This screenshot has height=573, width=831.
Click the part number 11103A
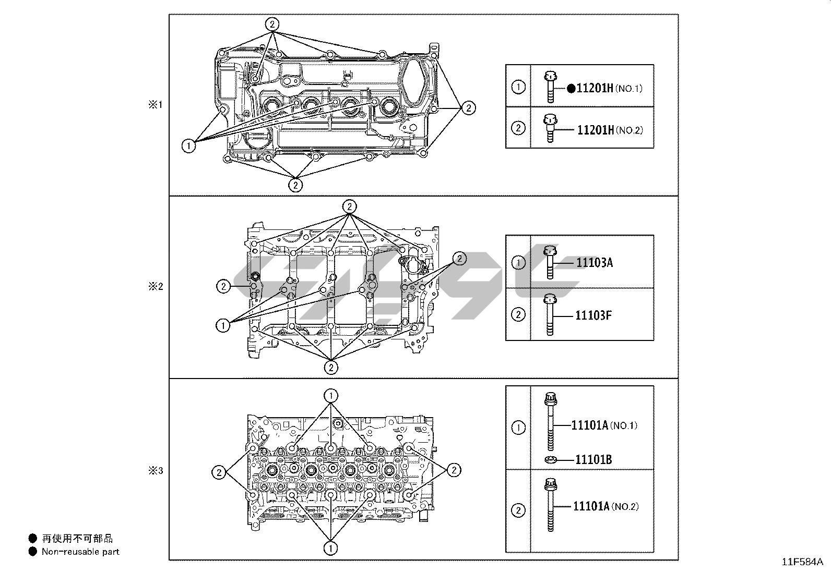click(x=595, y=263)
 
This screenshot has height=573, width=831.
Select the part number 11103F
click(x=593, y=315)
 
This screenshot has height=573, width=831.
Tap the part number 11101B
click(x=593, y=459)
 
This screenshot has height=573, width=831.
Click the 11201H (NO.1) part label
click(x=610, y=88)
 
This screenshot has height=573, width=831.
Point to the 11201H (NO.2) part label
click(x=610, y=130)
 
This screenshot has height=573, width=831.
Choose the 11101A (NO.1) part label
click(x=604, y=425)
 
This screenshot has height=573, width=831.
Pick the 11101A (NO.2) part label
click(x=606, y=506)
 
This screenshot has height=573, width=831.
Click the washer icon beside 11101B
click(x=551, y=460)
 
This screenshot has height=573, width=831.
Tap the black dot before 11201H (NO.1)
click(x=571, y=89)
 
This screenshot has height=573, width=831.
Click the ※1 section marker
click(x=156, y=105)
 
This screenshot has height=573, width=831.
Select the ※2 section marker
click(x=156, y=287)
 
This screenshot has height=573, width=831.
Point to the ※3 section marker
click(x=156, y=471)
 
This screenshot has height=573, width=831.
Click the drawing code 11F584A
click(x=802, y=562)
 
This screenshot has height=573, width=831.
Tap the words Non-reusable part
click(x=80, y=552)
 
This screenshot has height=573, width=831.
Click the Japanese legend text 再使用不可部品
click(x=77, y=538)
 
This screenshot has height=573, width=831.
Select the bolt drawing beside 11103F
click(x=550, y=315)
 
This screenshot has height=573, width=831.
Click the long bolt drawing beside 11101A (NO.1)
click(x=551, y=421)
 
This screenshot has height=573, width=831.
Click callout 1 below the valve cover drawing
click(x=188, y=145)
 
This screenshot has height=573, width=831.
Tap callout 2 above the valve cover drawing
click(x=272, y=25)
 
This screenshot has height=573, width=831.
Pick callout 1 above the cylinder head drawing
click(x=331, y=396)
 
